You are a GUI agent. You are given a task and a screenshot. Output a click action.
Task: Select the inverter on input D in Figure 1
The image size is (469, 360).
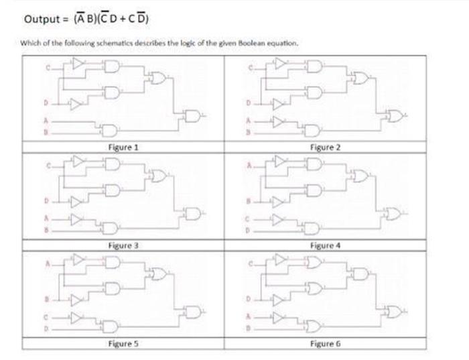point(76,103)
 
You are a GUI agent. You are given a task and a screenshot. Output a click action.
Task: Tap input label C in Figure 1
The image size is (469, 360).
point(48,68)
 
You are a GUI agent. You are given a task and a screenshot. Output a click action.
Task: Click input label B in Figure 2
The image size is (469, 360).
point(248,132)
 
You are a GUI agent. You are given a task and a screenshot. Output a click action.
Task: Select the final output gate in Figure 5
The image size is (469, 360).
point(193,312)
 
